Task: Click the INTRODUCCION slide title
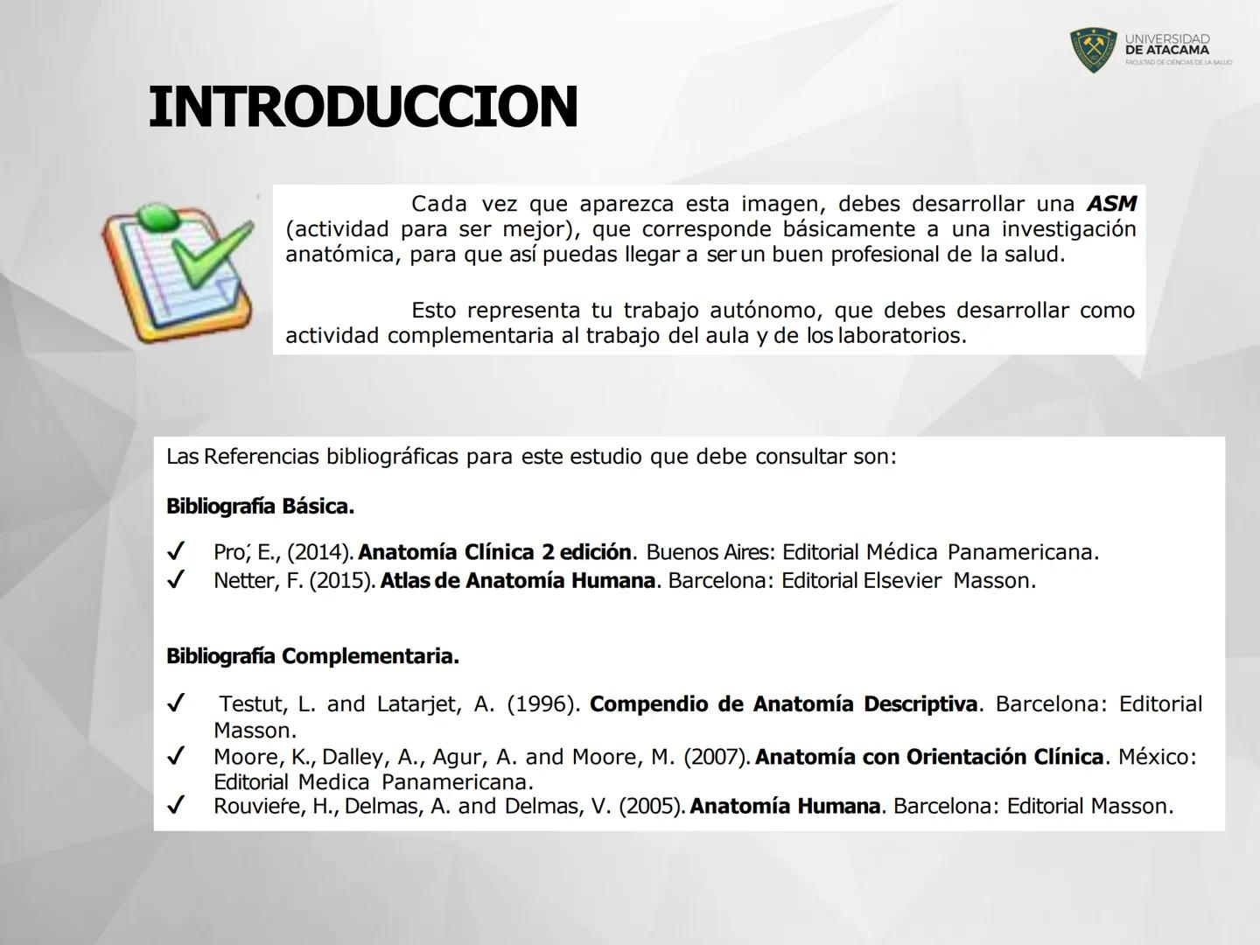363,108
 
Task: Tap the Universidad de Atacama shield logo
1093,51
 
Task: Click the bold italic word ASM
1111,204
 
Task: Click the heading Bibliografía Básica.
260,507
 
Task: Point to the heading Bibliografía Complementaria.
312,656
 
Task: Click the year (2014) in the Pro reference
320,553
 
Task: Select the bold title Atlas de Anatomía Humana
518,581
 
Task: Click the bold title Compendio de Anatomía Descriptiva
783,704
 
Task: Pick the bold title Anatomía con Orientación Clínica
929,757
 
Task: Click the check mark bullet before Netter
177,580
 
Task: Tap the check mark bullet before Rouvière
177,806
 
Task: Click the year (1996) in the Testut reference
542,704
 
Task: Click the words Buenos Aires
710,553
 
